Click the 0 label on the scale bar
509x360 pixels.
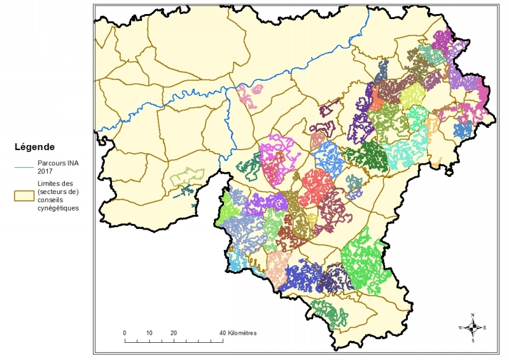125,333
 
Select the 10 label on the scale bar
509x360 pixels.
149,333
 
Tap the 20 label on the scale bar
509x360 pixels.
173,333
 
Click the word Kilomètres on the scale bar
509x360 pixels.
241,333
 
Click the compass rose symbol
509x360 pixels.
473,328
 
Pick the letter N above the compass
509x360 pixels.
473,315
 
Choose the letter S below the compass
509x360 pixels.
473,340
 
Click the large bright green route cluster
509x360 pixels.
365,261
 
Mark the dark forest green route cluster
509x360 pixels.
368,156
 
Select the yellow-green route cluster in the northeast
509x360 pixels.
412,95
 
